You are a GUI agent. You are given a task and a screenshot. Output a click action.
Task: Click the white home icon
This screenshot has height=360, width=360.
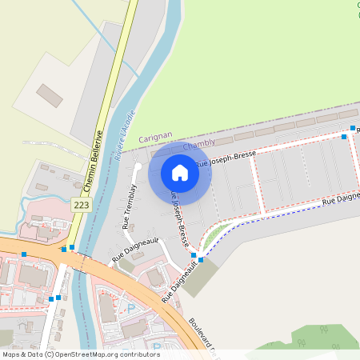click(x=180, y=172)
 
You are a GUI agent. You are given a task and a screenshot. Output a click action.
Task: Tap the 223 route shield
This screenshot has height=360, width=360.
click(x=81, y=205)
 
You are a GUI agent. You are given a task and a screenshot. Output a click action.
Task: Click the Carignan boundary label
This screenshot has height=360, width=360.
click(x=155, y=138)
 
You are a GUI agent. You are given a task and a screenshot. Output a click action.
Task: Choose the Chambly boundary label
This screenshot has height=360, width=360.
click(x=199, y=145)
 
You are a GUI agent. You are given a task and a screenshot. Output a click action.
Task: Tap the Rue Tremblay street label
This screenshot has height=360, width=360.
click(x=129, y=206)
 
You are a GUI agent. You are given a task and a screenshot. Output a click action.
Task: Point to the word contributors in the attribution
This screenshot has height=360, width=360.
click(x=142, y=354)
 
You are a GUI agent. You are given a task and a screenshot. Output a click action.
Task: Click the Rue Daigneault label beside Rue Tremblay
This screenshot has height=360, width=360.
click(x=135, y=249)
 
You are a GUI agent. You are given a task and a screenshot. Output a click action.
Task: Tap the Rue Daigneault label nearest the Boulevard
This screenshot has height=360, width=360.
click(x=180, y=285)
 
